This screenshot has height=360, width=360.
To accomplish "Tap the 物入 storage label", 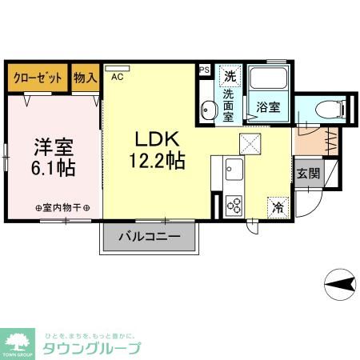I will (x=86, y=78).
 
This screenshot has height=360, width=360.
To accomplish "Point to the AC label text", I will (x=118, y=78).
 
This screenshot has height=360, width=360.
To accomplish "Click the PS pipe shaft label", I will (x=203, y=70).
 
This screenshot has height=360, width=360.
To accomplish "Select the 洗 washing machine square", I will (x=230, y=77).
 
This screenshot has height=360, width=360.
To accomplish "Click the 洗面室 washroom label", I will (x=230, y=103).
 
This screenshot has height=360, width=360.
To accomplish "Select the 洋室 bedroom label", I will (x=54, y=147).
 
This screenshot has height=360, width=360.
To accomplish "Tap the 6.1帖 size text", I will (x=54, y=169).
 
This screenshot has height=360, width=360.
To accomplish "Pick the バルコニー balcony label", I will (x=149, y=236).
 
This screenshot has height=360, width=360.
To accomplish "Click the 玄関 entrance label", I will (x=308, y=173).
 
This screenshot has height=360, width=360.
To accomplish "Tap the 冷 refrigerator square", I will (x=278, y=206).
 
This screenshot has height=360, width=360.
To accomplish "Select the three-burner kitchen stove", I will (x=234, y=205).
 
